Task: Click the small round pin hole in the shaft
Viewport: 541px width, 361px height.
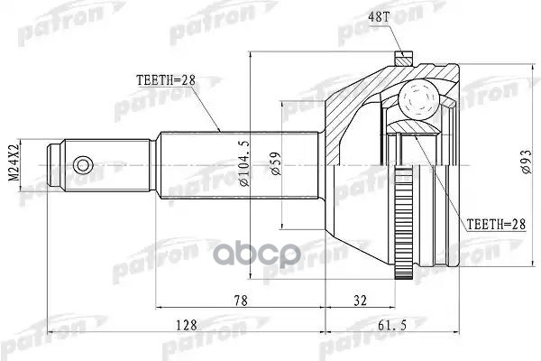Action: pyautogui.click(x=83, y=165)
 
